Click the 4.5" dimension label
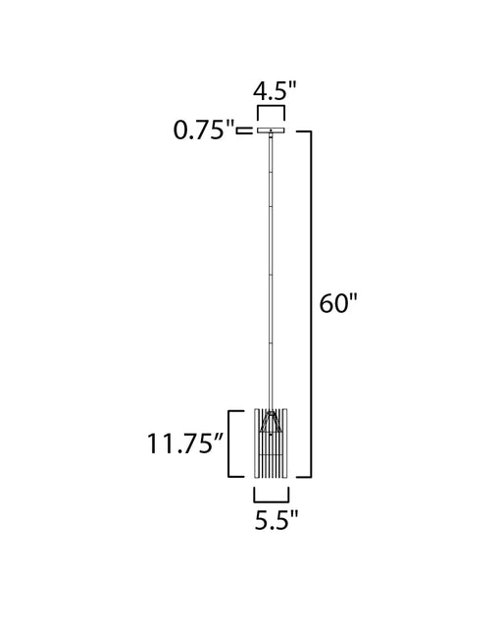pos(275,91)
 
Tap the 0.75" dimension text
pos(204,130)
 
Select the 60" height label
pos(337,303)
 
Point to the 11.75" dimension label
pos(185,444)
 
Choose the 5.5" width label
pos(276,520)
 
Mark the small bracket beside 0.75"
pos(244,131)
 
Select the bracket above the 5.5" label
pos(271,500)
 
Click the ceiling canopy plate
pos(271,131)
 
